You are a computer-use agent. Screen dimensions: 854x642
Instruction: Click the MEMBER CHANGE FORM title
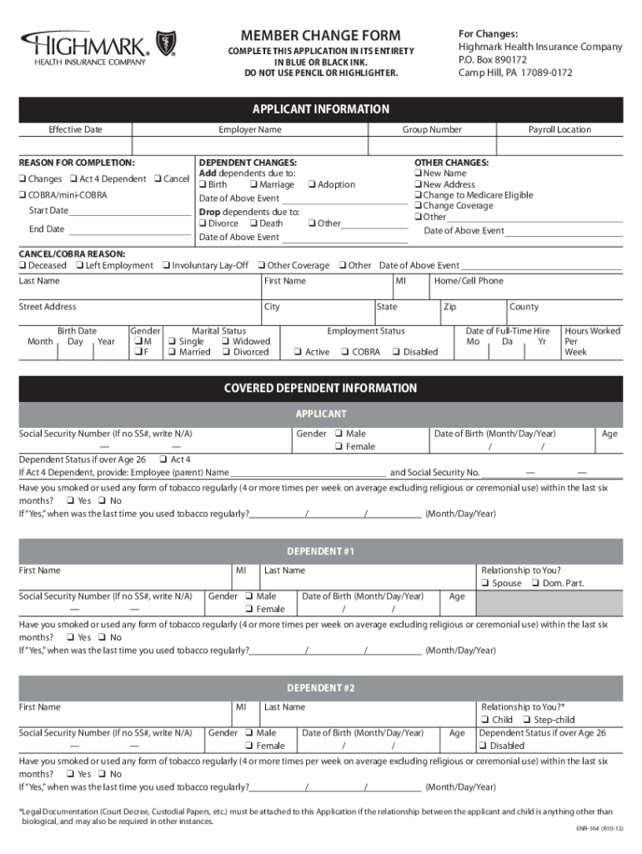pos(321,36)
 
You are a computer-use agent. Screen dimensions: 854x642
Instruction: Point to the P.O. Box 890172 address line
pos(493,60)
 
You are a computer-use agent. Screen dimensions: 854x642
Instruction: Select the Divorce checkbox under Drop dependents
pos(202,224)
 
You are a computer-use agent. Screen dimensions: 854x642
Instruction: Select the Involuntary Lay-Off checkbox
pos(166,266)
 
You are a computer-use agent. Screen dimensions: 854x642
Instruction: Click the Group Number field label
pos(432,130)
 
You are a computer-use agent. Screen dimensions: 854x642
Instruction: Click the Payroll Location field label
pos(559,130)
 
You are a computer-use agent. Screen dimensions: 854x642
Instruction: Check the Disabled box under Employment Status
pos(396,353)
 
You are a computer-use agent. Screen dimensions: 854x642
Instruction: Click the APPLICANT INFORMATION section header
pos(321,109)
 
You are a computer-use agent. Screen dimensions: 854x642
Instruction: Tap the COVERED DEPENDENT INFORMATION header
pos(321,389)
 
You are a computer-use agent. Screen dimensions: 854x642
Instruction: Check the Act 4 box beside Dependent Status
pos(163,460)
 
